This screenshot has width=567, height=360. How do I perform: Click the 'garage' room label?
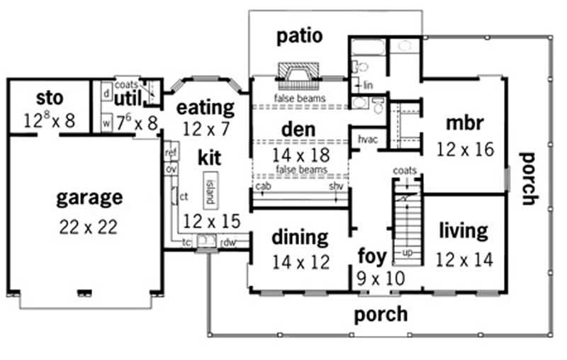[89, 198]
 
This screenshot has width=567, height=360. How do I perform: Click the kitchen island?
[210, 189]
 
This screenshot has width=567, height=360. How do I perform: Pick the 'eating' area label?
[205, 108]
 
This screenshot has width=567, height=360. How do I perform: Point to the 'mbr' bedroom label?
[464, 123]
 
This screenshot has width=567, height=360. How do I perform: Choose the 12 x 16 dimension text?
[464, 150]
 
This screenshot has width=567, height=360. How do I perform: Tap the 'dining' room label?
[300, 237]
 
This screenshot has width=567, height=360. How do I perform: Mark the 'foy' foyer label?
[371, 255]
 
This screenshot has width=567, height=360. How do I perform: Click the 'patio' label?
[300, 35]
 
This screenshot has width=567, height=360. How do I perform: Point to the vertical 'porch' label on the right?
[528, 178]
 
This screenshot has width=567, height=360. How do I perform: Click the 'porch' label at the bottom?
[381, 313]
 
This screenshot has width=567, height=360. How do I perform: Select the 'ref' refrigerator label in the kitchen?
[171, 152]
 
